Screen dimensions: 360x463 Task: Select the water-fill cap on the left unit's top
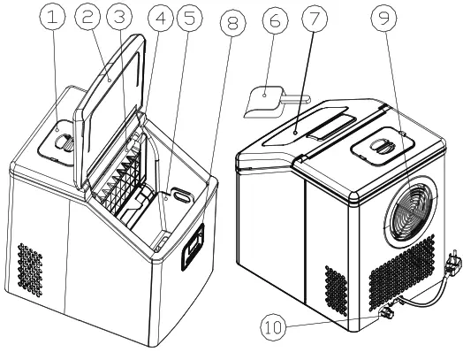[x=62, y=139]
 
